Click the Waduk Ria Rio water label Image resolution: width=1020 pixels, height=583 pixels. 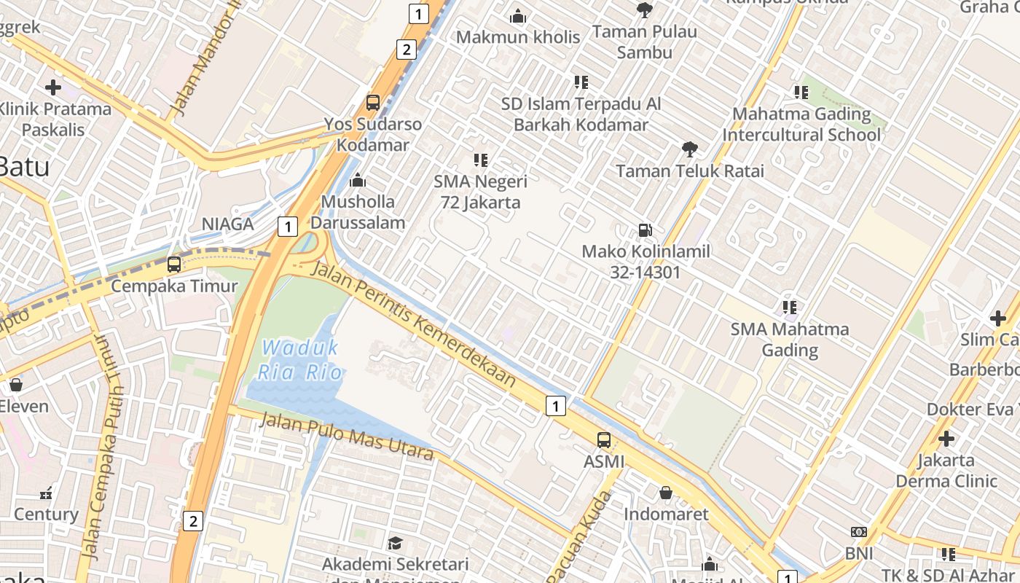pyautogui.click(x=300, y=360)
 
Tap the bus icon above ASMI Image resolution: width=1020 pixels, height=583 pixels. pyautogui.click(x=604, y=439)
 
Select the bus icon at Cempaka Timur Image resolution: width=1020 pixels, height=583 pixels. pyautogui.click(x=174, y=265)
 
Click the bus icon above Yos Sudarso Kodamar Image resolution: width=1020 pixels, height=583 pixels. pyautogui.click(x=373, y=103)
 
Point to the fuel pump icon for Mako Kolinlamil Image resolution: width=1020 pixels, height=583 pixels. pyautogui.click(x=646, y=230)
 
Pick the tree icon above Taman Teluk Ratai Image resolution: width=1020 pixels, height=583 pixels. pyautogui.click(x=689, y=149)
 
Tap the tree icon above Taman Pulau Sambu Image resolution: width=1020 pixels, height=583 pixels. pyautogui.click(x=644, y=9)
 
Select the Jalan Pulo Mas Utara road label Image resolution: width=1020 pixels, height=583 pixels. pyautogui.click(x=346, y=436)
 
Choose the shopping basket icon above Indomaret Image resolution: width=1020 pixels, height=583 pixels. pyautogui.click(x=666, y=493)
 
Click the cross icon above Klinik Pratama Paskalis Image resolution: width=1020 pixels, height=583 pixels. pyautogui.click(x=53, y=88)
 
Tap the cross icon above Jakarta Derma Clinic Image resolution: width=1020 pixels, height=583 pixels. pyautogui.click(x=946, y=439)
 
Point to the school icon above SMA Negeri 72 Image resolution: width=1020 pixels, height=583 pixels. pyautogui.click(x=480, y=160)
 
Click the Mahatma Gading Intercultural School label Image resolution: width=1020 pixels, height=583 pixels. pyautogui.click(x=801, y=125)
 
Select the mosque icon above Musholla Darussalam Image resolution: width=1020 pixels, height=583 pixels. pyautogui.click(x=358, y=180)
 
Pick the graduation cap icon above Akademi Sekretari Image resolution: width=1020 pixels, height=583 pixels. pyautogui.click(x=395, y=543)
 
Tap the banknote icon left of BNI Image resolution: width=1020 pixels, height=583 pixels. pyautogui.click(x=859, y=532)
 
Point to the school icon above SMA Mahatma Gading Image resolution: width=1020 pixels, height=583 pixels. pyautogui.click(x=790, y=308)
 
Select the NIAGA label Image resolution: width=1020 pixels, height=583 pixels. pyautogui.click(x=228, y=224)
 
